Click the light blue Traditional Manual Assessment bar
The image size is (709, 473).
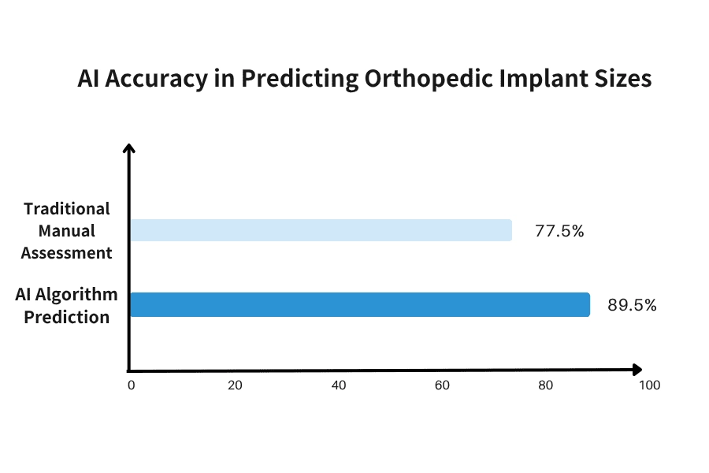(321, 230)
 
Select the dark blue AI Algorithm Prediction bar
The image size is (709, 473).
(359, 304)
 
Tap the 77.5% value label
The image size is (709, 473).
(559, 232)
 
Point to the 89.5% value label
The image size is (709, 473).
(632, 306)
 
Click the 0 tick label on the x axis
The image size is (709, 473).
(132, 385)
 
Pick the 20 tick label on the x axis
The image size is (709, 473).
(235, 385)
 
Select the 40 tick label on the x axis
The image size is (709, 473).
(339, 385)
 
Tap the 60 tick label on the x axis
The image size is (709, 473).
(442, 385)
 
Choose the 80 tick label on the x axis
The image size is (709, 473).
(546, 385)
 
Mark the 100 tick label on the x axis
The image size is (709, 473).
(650, 385)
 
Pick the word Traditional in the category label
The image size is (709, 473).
(67, 209)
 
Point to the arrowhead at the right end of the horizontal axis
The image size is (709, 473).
(637, 370)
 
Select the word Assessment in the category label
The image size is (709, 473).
(67, 253)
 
